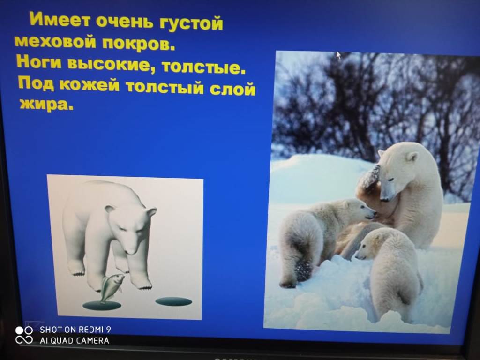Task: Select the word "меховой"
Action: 55,41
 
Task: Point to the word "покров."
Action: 138,44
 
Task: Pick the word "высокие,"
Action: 112,64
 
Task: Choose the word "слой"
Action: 232,89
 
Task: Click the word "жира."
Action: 46,104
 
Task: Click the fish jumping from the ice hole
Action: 111,287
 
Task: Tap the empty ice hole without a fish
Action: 173,301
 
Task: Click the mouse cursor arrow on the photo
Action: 338,55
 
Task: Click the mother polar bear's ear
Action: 412,157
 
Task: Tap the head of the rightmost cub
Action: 370,244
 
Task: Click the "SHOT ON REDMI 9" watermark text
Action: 75,330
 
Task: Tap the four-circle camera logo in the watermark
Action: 24,335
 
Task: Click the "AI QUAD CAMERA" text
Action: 75,340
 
